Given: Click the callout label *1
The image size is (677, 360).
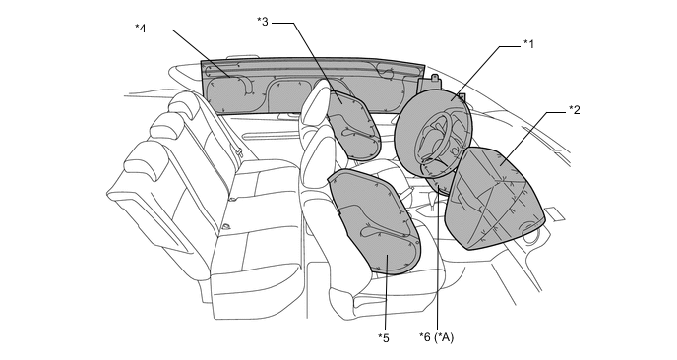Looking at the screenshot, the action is [528, 43].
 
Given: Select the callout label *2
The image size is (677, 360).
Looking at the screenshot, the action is [575, 109].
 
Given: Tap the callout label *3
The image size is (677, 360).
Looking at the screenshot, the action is [263, 21].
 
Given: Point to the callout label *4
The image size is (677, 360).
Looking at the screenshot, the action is [141, 29].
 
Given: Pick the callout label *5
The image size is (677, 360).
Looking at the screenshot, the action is [384, 338].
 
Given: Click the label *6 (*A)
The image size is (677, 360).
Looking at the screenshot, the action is [437, 337].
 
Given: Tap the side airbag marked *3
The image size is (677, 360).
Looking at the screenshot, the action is [353, 125].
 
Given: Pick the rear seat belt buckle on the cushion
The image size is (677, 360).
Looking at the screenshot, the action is [226, 227].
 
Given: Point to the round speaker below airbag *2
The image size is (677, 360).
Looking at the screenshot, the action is [530, 233].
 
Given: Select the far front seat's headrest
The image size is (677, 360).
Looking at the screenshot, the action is [314, 102].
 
